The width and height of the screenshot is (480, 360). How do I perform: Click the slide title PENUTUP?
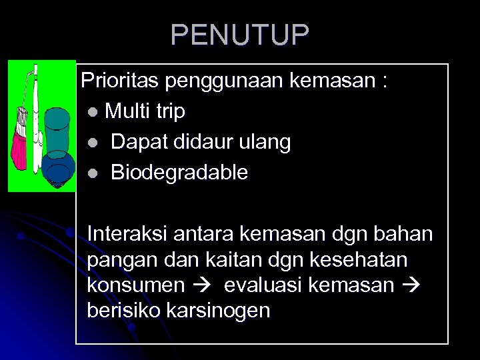tap(240, 34)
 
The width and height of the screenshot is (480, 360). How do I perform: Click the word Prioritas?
tap(121, 81)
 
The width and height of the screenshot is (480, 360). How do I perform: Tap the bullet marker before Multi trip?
tap(91, 112)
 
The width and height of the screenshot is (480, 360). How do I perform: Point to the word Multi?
tap(127, 111)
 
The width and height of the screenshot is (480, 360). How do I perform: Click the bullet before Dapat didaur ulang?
tap(91, 143)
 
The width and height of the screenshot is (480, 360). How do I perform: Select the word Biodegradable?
tap(179, 173)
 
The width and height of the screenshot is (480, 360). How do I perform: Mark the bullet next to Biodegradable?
tap(91, 173)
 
